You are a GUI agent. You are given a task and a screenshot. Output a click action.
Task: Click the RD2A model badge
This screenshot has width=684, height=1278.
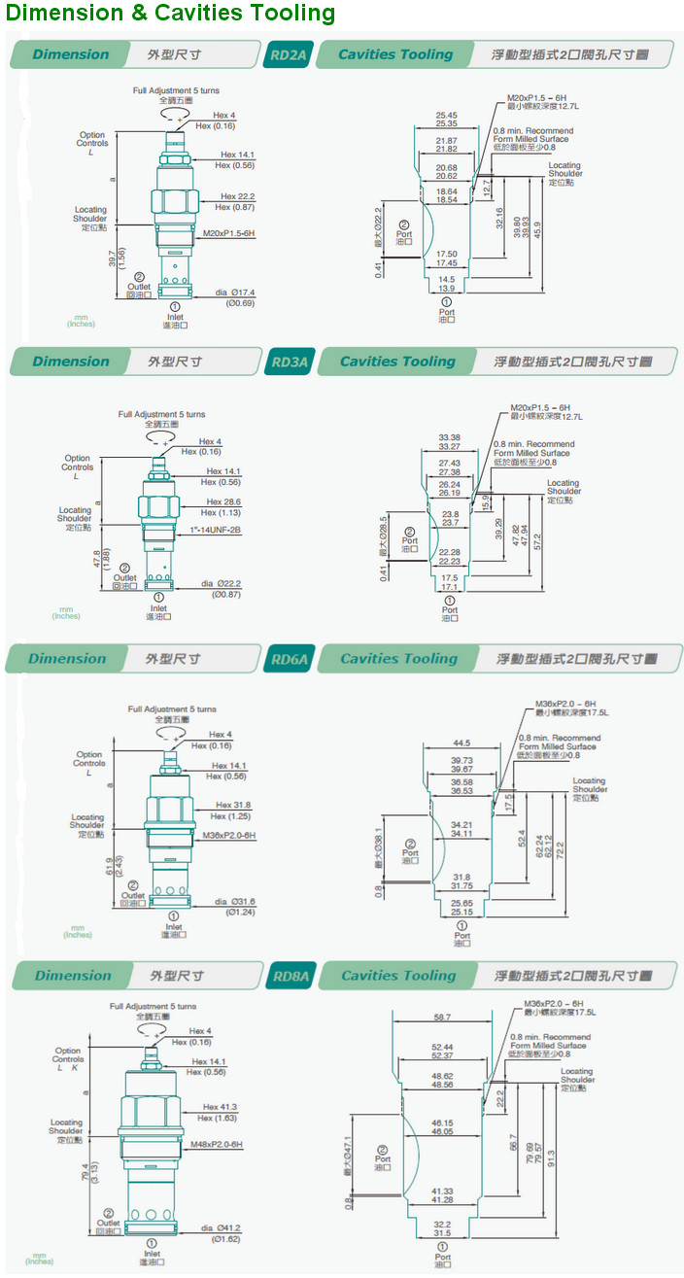point(288,55)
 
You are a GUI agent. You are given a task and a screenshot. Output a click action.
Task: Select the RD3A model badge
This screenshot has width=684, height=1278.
point(289,363)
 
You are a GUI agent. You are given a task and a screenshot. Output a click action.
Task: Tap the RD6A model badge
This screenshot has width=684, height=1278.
point(289,660)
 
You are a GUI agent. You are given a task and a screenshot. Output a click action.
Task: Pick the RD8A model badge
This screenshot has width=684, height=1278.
point(291,977)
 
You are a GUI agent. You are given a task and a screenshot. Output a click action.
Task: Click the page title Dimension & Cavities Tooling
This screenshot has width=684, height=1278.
point(170,14)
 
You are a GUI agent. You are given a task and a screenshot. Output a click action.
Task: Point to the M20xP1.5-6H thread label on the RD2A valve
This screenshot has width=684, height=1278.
point(228,234)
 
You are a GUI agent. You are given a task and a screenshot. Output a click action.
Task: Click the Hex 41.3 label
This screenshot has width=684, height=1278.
point(220,1107)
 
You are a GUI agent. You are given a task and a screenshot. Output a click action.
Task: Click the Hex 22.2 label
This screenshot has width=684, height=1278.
point(237,196)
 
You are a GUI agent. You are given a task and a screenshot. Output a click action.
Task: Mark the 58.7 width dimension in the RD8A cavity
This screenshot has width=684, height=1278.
point(442,1017)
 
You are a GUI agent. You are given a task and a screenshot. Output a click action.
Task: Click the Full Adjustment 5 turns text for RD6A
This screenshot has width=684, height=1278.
point(172,709)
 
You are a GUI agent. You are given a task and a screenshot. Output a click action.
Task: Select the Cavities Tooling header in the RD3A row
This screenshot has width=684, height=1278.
point(397,362)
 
